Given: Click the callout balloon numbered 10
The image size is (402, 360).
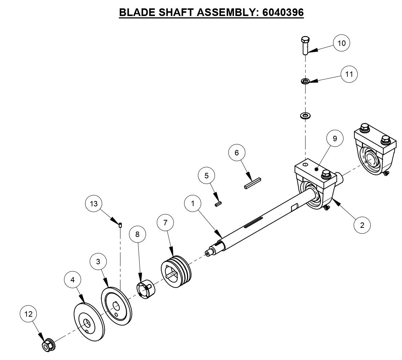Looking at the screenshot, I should pos(342,43).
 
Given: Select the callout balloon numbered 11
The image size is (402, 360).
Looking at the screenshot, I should pos(349,74).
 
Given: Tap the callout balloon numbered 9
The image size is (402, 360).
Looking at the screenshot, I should pos(335,139).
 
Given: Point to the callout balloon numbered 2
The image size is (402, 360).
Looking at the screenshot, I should pos(362,225).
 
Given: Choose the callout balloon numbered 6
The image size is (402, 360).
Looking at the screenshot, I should pos(237,153).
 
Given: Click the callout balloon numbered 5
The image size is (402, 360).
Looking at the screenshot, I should pos(207,176).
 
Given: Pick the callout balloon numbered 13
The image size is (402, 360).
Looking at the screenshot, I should pos(94,204).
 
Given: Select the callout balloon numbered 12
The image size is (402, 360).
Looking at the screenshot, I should pos(29,313).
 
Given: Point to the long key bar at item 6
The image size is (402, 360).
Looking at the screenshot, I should pos(253,183).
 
